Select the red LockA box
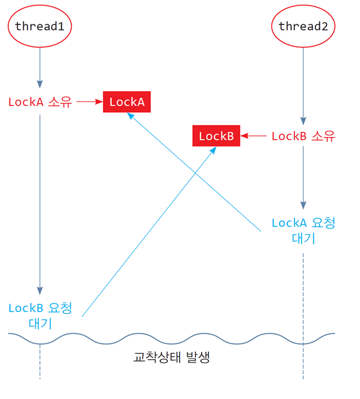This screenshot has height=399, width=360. coord(127,102)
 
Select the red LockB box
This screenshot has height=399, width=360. coord(216,135)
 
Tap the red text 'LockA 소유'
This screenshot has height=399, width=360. coord(40,102)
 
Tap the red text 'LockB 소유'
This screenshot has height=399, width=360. coord(303,136)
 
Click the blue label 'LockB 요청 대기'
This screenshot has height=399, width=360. coord(40,316)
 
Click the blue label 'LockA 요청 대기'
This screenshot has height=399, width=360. coord(303,231)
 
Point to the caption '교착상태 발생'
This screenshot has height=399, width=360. coord(171,357)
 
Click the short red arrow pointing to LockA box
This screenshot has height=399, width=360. coord(90,102)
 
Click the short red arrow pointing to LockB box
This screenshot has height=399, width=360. coord(254,136)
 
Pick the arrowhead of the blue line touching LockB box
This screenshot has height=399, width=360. coord(214,150)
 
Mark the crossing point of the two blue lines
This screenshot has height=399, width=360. coord(195,173)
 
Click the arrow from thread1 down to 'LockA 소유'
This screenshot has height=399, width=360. coord(40,68)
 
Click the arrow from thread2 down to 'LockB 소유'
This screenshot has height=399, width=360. coord(303,86)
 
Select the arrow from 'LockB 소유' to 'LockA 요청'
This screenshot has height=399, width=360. coord(303,178)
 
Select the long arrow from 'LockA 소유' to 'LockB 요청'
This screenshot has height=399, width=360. coord(40,205)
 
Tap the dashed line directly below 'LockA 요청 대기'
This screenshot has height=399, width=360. coord(303,316)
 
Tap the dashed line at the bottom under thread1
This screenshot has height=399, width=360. coord(40,361)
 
